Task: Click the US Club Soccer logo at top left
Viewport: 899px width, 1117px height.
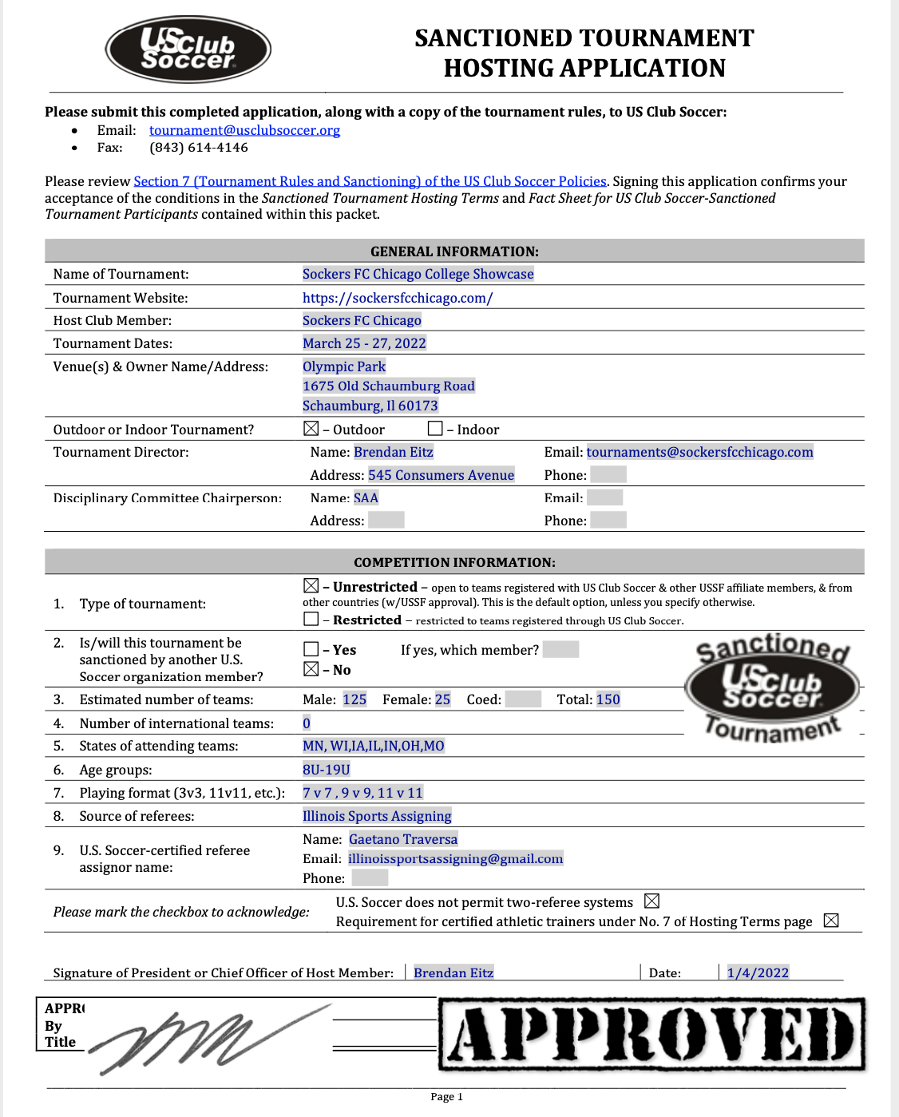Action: (188, 50)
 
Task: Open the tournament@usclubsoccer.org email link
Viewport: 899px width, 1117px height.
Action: (244, 130)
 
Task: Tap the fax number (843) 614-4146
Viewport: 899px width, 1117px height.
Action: (198, 148)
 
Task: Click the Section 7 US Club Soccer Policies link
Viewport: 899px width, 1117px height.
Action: (370, 181)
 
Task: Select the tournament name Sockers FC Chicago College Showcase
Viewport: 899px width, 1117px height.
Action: (418, 274)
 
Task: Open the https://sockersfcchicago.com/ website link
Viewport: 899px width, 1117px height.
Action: (398, 298)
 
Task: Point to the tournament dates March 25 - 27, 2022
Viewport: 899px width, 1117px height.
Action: (364, 343)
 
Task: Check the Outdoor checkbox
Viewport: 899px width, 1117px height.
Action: (311, 429)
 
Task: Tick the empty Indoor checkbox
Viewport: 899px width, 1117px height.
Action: (435, 429)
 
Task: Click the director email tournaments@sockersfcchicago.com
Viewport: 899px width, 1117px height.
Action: (699, 452)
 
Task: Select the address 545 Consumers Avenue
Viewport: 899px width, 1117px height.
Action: (441, 475)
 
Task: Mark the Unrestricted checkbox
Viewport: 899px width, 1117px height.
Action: (311, 586)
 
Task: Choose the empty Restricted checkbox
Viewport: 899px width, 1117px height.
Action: (311, 619)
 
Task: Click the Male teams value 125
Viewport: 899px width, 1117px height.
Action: (354, 699)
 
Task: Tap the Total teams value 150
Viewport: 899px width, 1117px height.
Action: (608, 699)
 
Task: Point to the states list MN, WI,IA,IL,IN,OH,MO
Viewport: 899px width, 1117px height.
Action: (374, 746)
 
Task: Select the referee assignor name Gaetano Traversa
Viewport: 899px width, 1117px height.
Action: (403, 839)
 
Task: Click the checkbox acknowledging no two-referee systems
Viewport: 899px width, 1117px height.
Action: (651, 901)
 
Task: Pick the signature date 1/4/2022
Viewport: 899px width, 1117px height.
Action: (758, 972)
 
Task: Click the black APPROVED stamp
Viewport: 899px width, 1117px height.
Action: (652, 1034)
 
